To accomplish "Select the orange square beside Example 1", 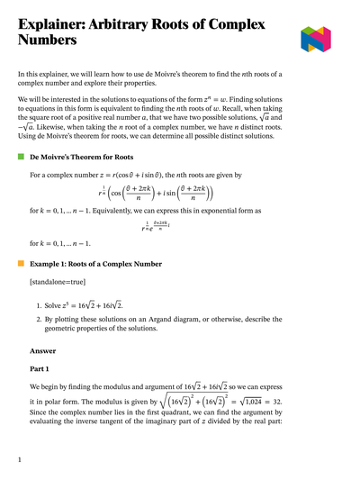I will pos(21,264).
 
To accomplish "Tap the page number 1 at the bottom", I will pos(19,459).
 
